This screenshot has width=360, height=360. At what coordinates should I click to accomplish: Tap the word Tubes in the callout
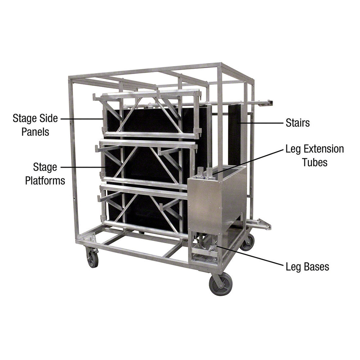click(x=315, y=162)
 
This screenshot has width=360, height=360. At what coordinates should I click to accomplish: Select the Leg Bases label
click(x=307, y=267)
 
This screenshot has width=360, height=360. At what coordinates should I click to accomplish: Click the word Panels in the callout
click(x=35, y=131)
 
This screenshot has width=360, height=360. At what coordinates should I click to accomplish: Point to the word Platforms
click(x=45, y=180)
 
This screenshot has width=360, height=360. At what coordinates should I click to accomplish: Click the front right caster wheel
click(x=221, y=284)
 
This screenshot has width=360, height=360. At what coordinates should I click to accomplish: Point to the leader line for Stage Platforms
click(x=83, y=167)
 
